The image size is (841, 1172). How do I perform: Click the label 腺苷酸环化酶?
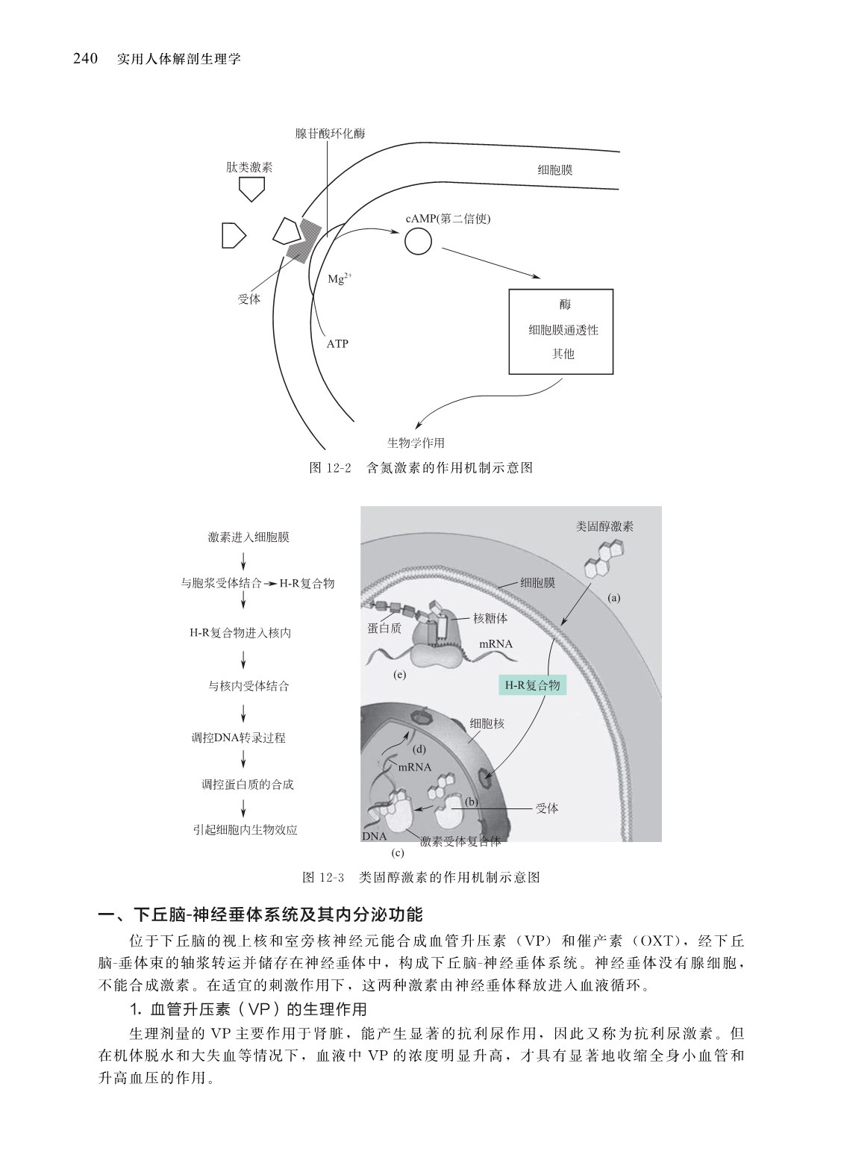point(330,134)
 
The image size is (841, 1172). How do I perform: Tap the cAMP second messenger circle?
point(418,240)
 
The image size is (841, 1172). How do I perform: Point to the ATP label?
point(337,344)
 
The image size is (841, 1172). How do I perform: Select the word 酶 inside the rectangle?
point(564,304)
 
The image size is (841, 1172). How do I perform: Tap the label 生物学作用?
point(416,443)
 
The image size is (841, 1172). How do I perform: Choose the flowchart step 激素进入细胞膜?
point(248,537)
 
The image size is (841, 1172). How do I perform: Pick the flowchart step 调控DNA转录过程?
point(239,738)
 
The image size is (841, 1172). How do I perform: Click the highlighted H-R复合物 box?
point(532,685)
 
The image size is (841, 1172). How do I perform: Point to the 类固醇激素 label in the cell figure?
point(604,526)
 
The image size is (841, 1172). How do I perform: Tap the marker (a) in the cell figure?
point(614,597)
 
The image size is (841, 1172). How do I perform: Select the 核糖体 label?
point(490,618)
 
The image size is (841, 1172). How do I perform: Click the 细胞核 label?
point(487,723)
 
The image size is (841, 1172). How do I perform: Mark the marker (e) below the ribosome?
point(399,675)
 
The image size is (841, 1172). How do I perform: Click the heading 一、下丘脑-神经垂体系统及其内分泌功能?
point(262,914)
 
